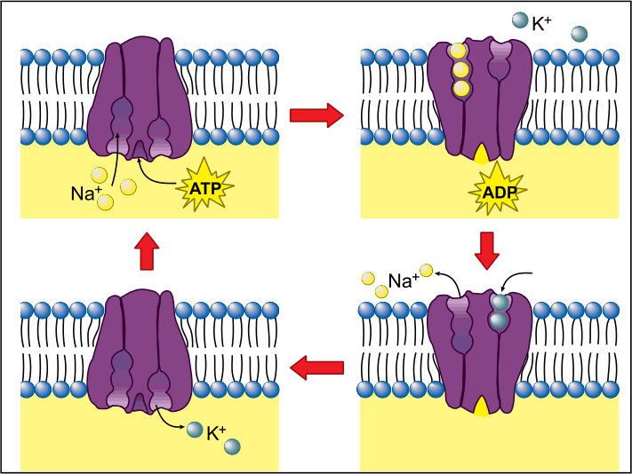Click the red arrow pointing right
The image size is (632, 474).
point(316,115)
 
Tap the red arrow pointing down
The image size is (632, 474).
point(487,250)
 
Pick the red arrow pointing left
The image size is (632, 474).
point(316,367)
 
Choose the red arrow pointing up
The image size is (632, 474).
point(147,251)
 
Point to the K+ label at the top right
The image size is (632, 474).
point(541,24)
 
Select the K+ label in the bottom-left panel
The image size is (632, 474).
point(216,433)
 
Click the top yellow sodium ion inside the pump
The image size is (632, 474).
point(459,51)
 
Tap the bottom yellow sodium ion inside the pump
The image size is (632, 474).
point(461,89)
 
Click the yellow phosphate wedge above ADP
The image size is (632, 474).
point(481,154)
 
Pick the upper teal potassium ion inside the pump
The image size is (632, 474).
point(500,302)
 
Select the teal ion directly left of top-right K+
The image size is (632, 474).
point(520,20)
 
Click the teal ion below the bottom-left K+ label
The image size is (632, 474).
point(232,447)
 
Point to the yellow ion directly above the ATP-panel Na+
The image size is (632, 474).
point(100,176)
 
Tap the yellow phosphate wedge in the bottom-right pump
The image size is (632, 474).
point(481,407)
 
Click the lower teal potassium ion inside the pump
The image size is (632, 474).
point(498,320)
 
